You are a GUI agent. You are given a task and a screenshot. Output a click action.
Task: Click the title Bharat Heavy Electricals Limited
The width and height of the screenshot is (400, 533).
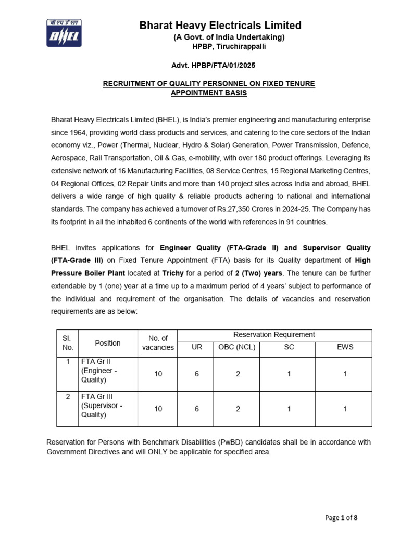tap(220, 25)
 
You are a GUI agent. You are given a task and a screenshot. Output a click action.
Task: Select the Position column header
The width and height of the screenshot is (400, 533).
tap(107, 343)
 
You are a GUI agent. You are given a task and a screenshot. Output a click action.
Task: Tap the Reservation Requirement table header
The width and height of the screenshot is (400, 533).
tap(274, 335)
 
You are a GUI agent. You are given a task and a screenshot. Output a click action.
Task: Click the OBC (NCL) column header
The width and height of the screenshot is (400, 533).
tap(238, 347)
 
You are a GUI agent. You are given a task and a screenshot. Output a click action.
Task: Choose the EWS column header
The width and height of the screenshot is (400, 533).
tap(345, 347)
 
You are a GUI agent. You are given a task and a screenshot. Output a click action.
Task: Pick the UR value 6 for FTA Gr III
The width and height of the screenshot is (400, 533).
tap(196, 409)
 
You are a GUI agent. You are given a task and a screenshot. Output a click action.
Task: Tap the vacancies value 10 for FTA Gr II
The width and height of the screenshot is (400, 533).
tap(158, 374)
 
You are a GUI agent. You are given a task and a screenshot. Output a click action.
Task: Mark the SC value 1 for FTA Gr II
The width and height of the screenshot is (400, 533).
tap(289, 374)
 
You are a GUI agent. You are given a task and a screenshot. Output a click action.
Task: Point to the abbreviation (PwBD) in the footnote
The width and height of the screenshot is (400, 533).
tap(211, 442)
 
